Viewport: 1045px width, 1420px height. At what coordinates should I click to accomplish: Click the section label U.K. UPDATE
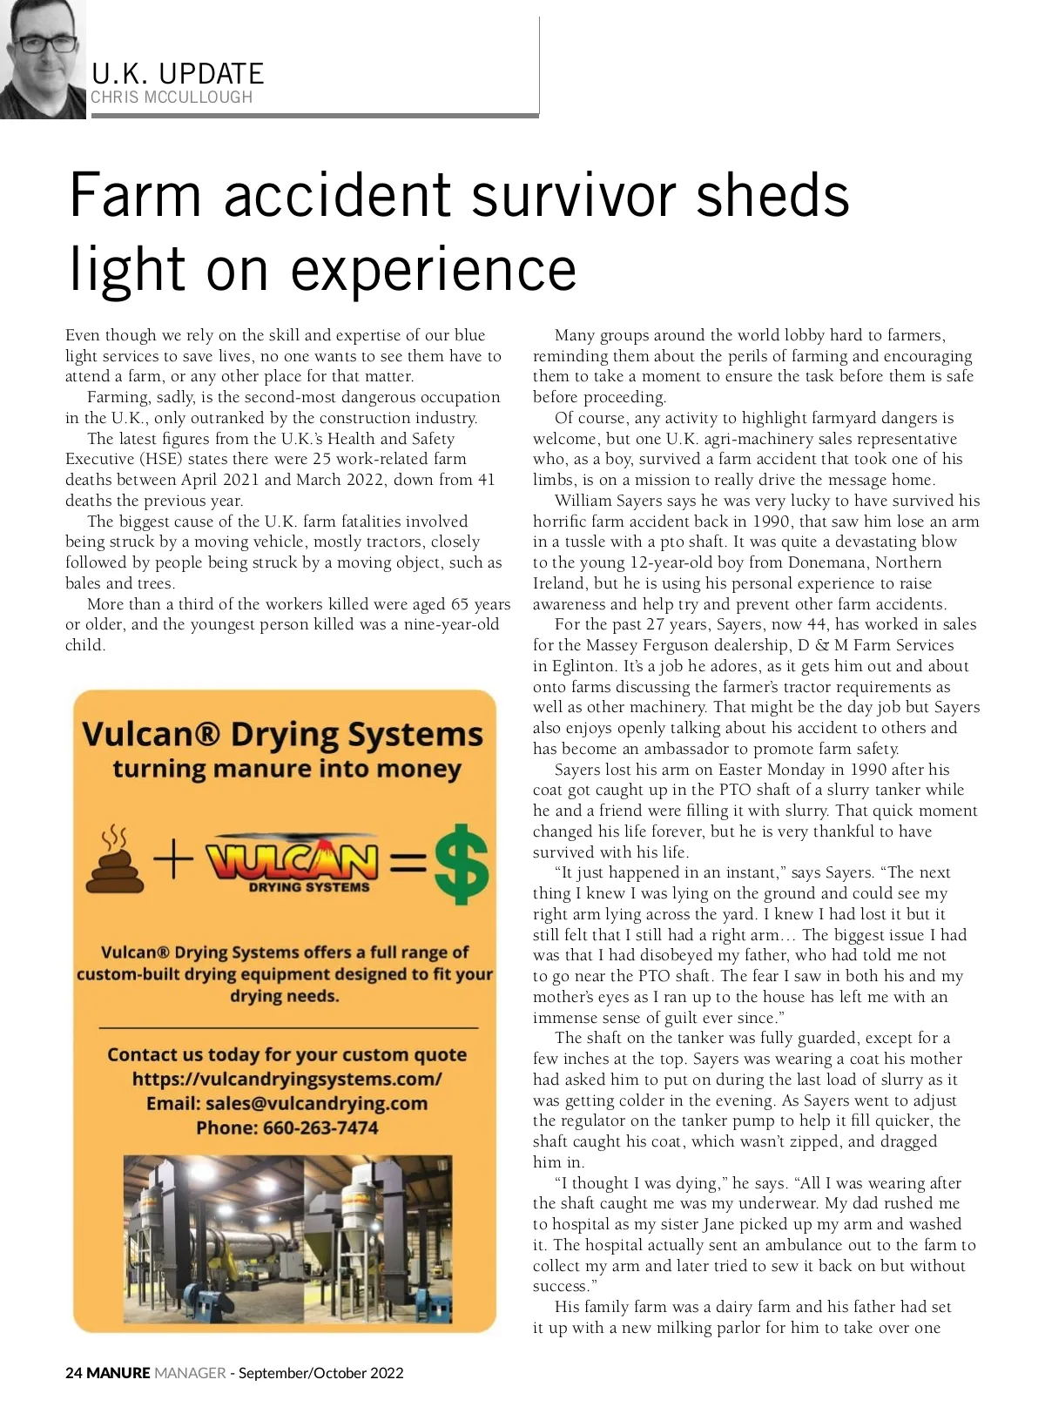pyautogui.click(x=178, y=73)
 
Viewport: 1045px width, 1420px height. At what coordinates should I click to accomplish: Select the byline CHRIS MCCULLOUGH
pyautogui.click(x=172, y=98)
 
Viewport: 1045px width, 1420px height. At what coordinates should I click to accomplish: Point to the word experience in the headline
pyautogui.click(x=433, y=269)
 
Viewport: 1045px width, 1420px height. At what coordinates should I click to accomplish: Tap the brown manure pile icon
pyautogui.click(x=114, y=863)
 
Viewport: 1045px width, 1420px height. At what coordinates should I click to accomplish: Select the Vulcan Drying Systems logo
pyautogui.click(x=293, y=865)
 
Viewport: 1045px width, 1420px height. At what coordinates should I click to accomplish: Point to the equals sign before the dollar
pyautogui.click(x=407, y=864)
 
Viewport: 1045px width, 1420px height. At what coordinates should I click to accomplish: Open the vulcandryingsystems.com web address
pyautogui.click(x=287, y=1080)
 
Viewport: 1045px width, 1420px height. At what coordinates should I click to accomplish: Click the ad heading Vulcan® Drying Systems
pyautogui.click(x=282, y=734)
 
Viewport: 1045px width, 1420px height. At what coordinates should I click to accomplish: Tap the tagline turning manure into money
pyautogui.click(x=287, y=770)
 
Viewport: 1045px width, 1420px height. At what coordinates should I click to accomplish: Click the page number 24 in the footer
pyautogui.click(x=74, y=1373)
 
